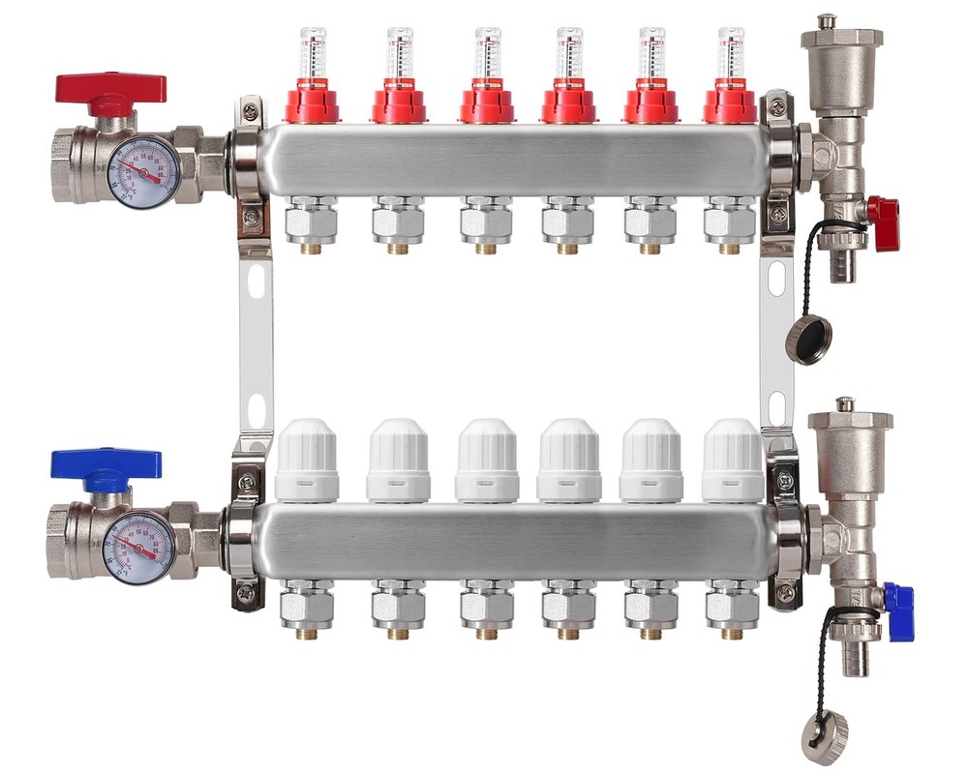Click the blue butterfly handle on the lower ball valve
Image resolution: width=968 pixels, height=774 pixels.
106,465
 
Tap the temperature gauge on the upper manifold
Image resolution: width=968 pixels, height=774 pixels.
143,172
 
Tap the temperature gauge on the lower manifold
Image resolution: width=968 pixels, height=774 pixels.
139,548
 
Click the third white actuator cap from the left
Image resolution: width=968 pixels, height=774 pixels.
487,461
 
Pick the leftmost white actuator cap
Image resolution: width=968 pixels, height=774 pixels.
307,461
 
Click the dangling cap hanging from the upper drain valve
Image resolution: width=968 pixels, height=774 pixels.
808,340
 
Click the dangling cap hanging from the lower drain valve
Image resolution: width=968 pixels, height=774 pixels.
825,738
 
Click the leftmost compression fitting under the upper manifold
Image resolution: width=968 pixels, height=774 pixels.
312,221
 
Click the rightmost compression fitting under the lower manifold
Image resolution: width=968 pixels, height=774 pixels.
732,605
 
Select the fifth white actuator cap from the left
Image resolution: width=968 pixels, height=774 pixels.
650,461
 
